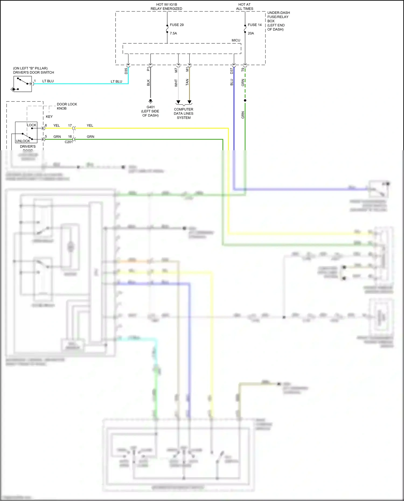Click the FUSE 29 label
click(176, 25)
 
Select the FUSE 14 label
click(255, 25)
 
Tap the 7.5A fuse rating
click(173, 33)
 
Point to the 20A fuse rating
click(251, 33)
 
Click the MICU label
click(236, 40)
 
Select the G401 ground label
click(151, 107)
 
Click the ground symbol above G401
click(151, 101)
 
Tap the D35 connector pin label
click(126, 71)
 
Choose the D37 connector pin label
click(232, 71)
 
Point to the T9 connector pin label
click(243, 70)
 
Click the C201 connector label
click(68, 142)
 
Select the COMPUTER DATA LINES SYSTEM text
click(183, 113)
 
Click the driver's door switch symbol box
click(23, 84)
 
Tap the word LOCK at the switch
click(32, 125)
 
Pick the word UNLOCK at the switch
click(23, 141)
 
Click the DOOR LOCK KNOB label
click(67, 106)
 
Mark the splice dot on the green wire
click(245, 100)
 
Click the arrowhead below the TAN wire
click(190, 102)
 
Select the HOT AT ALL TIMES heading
click(245, 6)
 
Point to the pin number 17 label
click(70, 125)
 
